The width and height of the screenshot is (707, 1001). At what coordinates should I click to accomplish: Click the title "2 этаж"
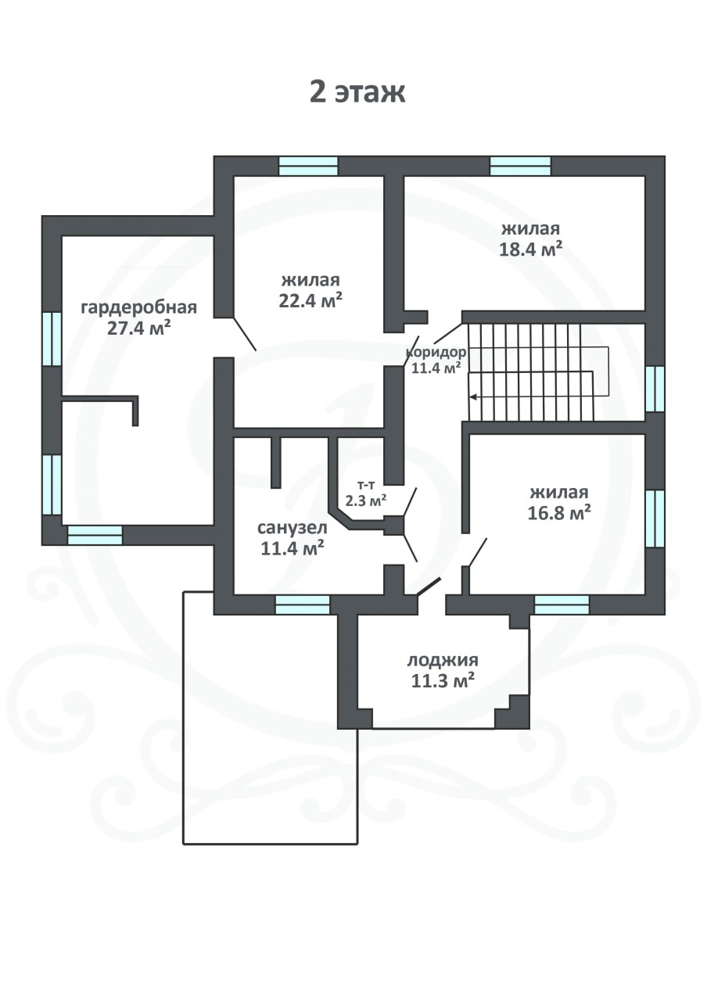[357, 93]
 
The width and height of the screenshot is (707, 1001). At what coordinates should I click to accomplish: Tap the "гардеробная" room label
[139, 307]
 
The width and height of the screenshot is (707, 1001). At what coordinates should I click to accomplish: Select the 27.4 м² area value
[139, 328]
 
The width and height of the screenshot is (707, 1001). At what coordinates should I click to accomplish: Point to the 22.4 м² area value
[310, 301]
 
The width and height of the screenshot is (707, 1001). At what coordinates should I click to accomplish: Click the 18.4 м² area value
[530, 249]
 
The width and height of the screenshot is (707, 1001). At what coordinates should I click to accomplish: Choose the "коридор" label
[436, 352]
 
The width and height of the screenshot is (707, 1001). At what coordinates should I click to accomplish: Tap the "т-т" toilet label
[366, 484]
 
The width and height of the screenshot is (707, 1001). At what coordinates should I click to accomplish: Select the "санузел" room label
[292, 528]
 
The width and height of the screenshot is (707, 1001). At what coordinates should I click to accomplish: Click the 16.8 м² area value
[559, 513]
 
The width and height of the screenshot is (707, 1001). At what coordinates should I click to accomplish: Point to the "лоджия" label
[443, 659]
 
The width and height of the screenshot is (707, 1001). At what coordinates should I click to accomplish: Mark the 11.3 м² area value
[443, 681]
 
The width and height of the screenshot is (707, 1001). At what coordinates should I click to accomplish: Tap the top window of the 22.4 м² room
[308, 166]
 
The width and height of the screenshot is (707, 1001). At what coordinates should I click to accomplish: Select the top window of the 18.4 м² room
[520, 166]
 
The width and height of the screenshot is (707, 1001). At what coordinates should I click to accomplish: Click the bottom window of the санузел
[303, 605]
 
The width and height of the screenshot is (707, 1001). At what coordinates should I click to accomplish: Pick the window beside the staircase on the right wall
[655, 389]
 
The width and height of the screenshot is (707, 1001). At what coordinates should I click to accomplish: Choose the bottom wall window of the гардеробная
[95, 535]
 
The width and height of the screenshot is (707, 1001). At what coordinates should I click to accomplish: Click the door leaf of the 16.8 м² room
[477, 553]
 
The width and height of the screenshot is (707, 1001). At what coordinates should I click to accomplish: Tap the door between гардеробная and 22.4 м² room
[245, 334]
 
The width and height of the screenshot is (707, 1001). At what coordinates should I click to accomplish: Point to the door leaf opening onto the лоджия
[429, 587]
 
